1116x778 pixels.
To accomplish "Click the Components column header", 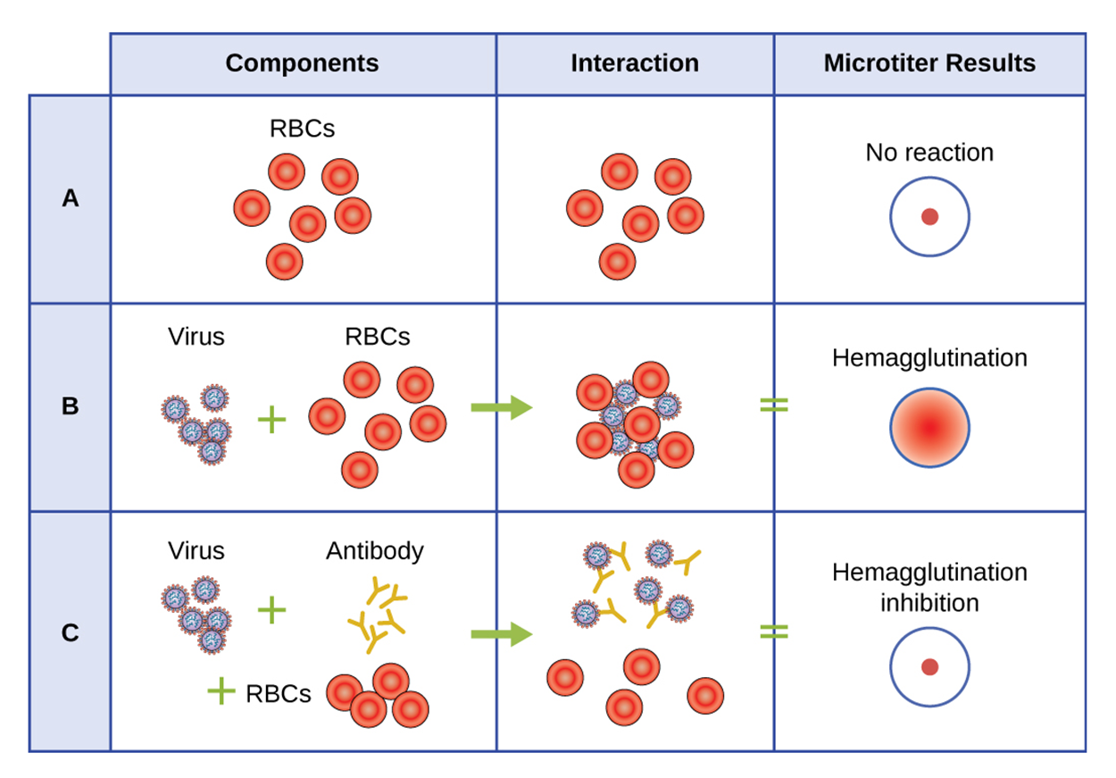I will click(302, 63).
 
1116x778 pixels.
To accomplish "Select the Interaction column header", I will click(634, 63).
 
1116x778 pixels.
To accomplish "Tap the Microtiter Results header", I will click(929, 63).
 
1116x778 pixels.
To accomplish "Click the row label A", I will click(71, 199).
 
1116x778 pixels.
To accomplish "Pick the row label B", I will click(71, 406).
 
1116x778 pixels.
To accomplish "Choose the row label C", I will click(71, 633).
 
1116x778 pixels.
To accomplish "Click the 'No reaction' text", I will click(929, 153).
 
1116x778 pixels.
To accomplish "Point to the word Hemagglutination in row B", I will click(929, 358).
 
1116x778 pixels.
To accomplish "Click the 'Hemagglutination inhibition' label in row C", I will click(929, 587).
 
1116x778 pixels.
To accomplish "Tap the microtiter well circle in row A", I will click(929, 217).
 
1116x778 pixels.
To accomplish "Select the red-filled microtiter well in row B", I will click(929, 428).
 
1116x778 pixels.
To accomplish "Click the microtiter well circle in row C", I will click(929, 667).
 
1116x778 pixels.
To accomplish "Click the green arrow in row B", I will click(501, 408).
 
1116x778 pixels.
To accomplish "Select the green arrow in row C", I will click(501, 634).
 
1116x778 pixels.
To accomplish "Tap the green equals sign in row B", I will click(774, 405).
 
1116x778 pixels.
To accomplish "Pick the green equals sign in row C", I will click(774, 632).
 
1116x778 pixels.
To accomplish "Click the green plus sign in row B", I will click(271, 419).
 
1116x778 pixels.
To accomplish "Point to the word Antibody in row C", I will click(374, 551).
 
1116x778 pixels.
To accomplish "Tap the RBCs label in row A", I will click(302, 129).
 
